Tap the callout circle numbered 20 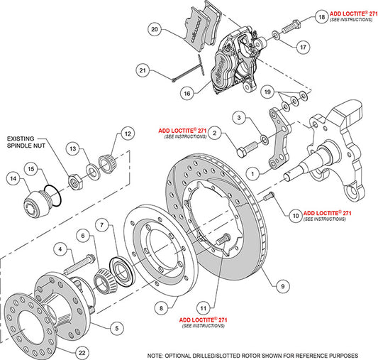click(155, 29)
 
